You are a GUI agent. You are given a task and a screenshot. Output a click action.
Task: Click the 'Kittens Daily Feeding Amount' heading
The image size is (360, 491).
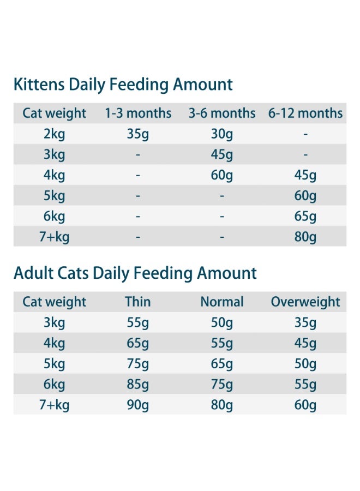click(123, 85)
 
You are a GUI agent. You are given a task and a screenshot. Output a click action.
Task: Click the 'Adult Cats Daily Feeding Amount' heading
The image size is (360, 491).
click(135, 273)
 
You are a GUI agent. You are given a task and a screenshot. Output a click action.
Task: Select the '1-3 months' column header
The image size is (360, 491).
click(138, 113)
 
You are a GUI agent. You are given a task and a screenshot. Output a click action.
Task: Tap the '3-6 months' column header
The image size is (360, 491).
click(222, 113)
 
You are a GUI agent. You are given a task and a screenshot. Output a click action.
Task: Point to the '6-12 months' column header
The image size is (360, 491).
click(305, 113)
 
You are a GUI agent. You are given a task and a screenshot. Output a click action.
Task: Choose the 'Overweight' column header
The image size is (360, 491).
click(305, 302)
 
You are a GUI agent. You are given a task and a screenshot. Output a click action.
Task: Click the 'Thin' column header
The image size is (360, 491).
click(138, 302)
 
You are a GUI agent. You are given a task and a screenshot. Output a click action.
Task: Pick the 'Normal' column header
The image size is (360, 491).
click(222, 302)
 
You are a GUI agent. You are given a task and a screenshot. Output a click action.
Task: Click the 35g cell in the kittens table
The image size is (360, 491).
click(138, 134)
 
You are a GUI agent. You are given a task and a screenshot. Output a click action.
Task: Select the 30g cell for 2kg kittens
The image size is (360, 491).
click(222, 134)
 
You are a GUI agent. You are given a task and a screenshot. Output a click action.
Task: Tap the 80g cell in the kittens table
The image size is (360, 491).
click(305, 237)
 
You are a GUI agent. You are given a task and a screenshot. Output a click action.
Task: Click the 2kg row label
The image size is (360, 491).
click(55, 134)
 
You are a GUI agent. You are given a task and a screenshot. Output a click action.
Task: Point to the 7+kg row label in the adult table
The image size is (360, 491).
click(55, 405)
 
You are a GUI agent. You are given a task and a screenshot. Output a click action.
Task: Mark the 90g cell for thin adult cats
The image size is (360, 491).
click(138, 405)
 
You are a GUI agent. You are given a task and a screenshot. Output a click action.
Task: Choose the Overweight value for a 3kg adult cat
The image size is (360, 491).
click(305, 323)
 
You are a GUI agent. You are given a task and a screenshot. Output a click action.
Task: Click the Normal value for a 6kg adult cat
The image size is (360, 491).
click(222, 385)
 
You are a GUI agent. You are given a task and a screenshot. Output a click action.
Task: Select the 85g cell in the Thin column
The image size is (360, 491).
click(138, 385)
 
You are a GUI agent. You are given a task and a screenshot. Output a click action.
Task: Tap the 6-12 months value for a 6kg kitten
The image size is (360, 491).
click(305, 217)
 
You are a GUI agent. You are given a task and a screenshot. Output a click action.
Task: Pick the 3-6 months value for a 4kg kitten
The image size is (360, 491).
click(222, 175)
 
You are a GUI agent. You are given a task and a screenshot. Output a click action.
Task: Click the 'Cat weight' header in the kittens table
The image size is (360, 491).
click(55, 113)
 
